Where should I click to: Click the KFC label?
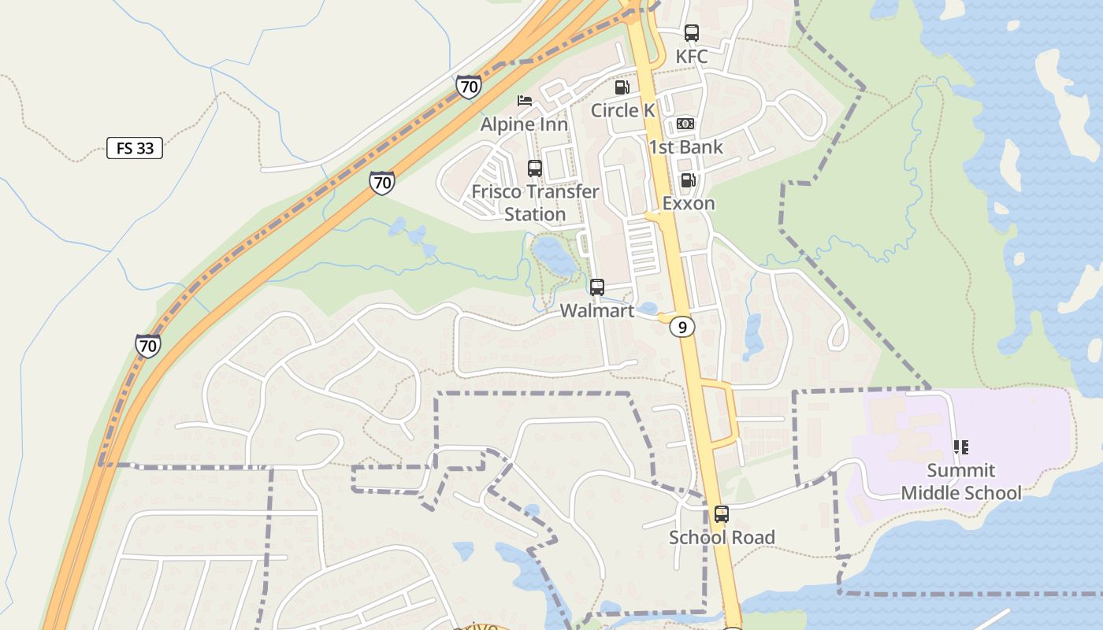pyautogui.click(x=692, y=57)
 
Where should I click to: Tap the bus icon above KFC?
pyautogui.click(x=692, y=33)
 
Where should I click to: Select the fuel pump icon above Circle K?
pyautogui.click(x=622, y=87)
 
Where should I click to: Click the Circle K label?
pyautogui.click(x=622, y=110)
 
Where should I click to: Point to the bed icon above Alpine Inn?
pyautogui.click(x=525, y=101)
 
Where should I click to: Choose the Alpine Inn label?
pyautogui.click(x=524, y=124)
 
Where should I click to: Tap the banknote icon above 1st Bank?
pyautogui.click(x=685, y=124)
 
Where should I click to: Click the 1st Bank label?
pyautogui.click(x=685, y=147)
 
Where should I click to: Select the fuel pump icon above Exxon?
pyautogui.click(x=688, y=180)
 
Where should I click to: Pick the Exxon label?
pyautogui.click(x=689, y=203)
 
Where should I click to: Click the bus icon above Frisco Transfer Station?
pyautogui.click(x=535, y=168)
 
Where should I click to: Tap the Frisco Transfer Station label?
pyautogui.click(x=535, y=202)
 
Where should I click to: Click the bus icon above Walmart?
pyautogui.click(x=597, y=287)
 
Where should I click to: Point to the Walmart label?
pyautogui.click(x=597, y=311)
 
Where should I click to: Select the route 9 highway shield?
pyautogui.click(x=682, y=326)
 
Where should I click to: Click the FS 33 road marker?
pyautogui.click(x=135, y=148)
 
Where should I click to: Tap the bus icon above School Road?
pyautogui.click(x=722, y=514)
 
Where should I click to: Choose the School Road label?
pyautogui.click(x=722, y=538)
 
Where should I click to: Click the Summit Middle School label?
pyautogui.click(x=961, y=482)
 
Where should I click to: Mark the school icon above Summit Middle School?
pyautogui.click(x=961, y=447)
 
